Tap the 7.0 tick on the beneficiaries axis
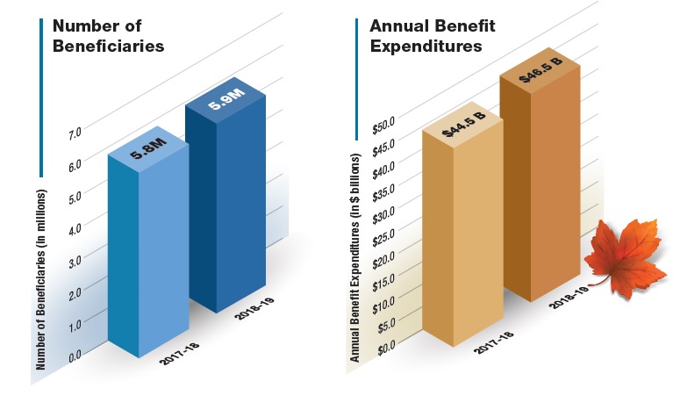click(x=74, y=133)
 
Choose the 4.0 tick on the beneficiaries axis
click(x=74, y=227)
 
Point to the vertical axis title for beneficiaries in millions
click(x=41, y=276)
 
